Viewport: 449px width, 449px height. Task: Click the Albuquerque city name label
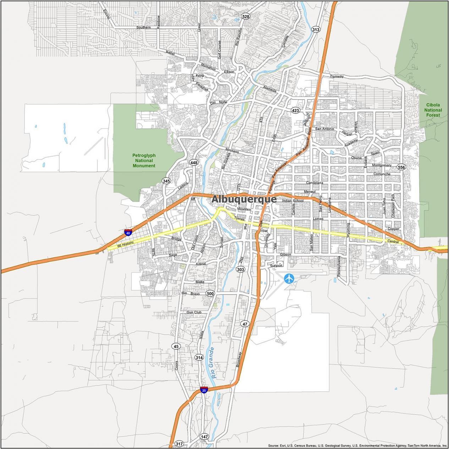pyautogui.click(x=244, y=199)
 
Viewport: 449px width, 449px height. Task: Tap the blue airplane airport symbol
pyautogui.click(x=290, y=279)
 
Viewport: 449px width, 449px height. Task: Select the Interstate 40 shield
pyautogui.click(x=128, y=233)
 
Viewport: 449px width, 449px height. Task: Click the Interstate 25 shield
pyautogui.click(x=204, y=390)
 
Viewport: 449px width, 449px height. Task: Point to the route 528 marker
pyautogui.click(x=245, y=16)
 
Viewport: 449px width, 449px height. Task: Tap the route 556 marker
pyautogui.click(x=401, y=167)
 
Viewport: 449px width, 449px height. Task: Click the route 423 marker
pyautogui.click(x=295, y=110)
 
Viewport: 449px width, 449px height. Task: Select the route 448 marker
pyautogui.click(x=193, y=163)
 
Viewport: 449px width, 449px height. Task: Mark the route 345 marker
pyautogui.click(x=166, y=181)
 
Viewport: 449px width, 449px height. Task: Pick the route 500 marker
pyautogui.click(x=210, y=294)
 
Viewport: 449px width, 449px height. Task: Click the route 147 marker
pyautogui.click(x=204, y=437)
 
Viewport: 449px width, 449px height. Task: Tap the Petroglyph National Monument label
pyautogui.click(x=144, y=160)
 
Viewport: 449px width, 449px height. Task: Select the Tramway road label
pyautogui.click(x=336, y=76)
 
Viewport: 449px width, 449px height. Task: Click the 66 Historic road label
pyautogui.click(x=125, y=244)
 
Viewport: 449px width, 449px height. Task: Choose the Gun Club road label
pyautogui.click(x=194, y=312)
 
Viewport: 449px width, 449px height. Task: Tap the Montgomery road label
pyautogui.click(x=382, y=165)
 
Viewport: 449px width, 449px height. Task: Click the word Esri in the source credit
pyautogui.click(x=284, y=445)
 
